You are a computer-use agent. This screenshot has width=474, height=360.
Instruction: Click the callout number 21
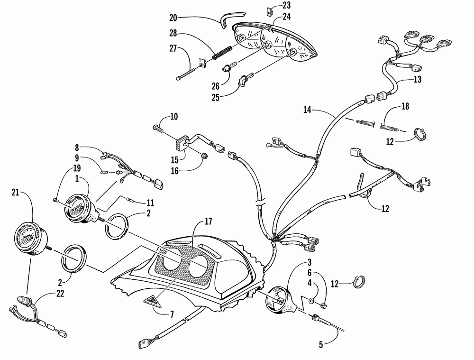(16, 192)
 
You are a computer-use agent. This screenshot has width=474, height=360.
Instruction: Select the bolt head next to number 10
(157, 127)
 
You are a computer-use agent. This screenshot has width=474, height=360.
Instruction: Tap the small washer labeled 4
(311, 300)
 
